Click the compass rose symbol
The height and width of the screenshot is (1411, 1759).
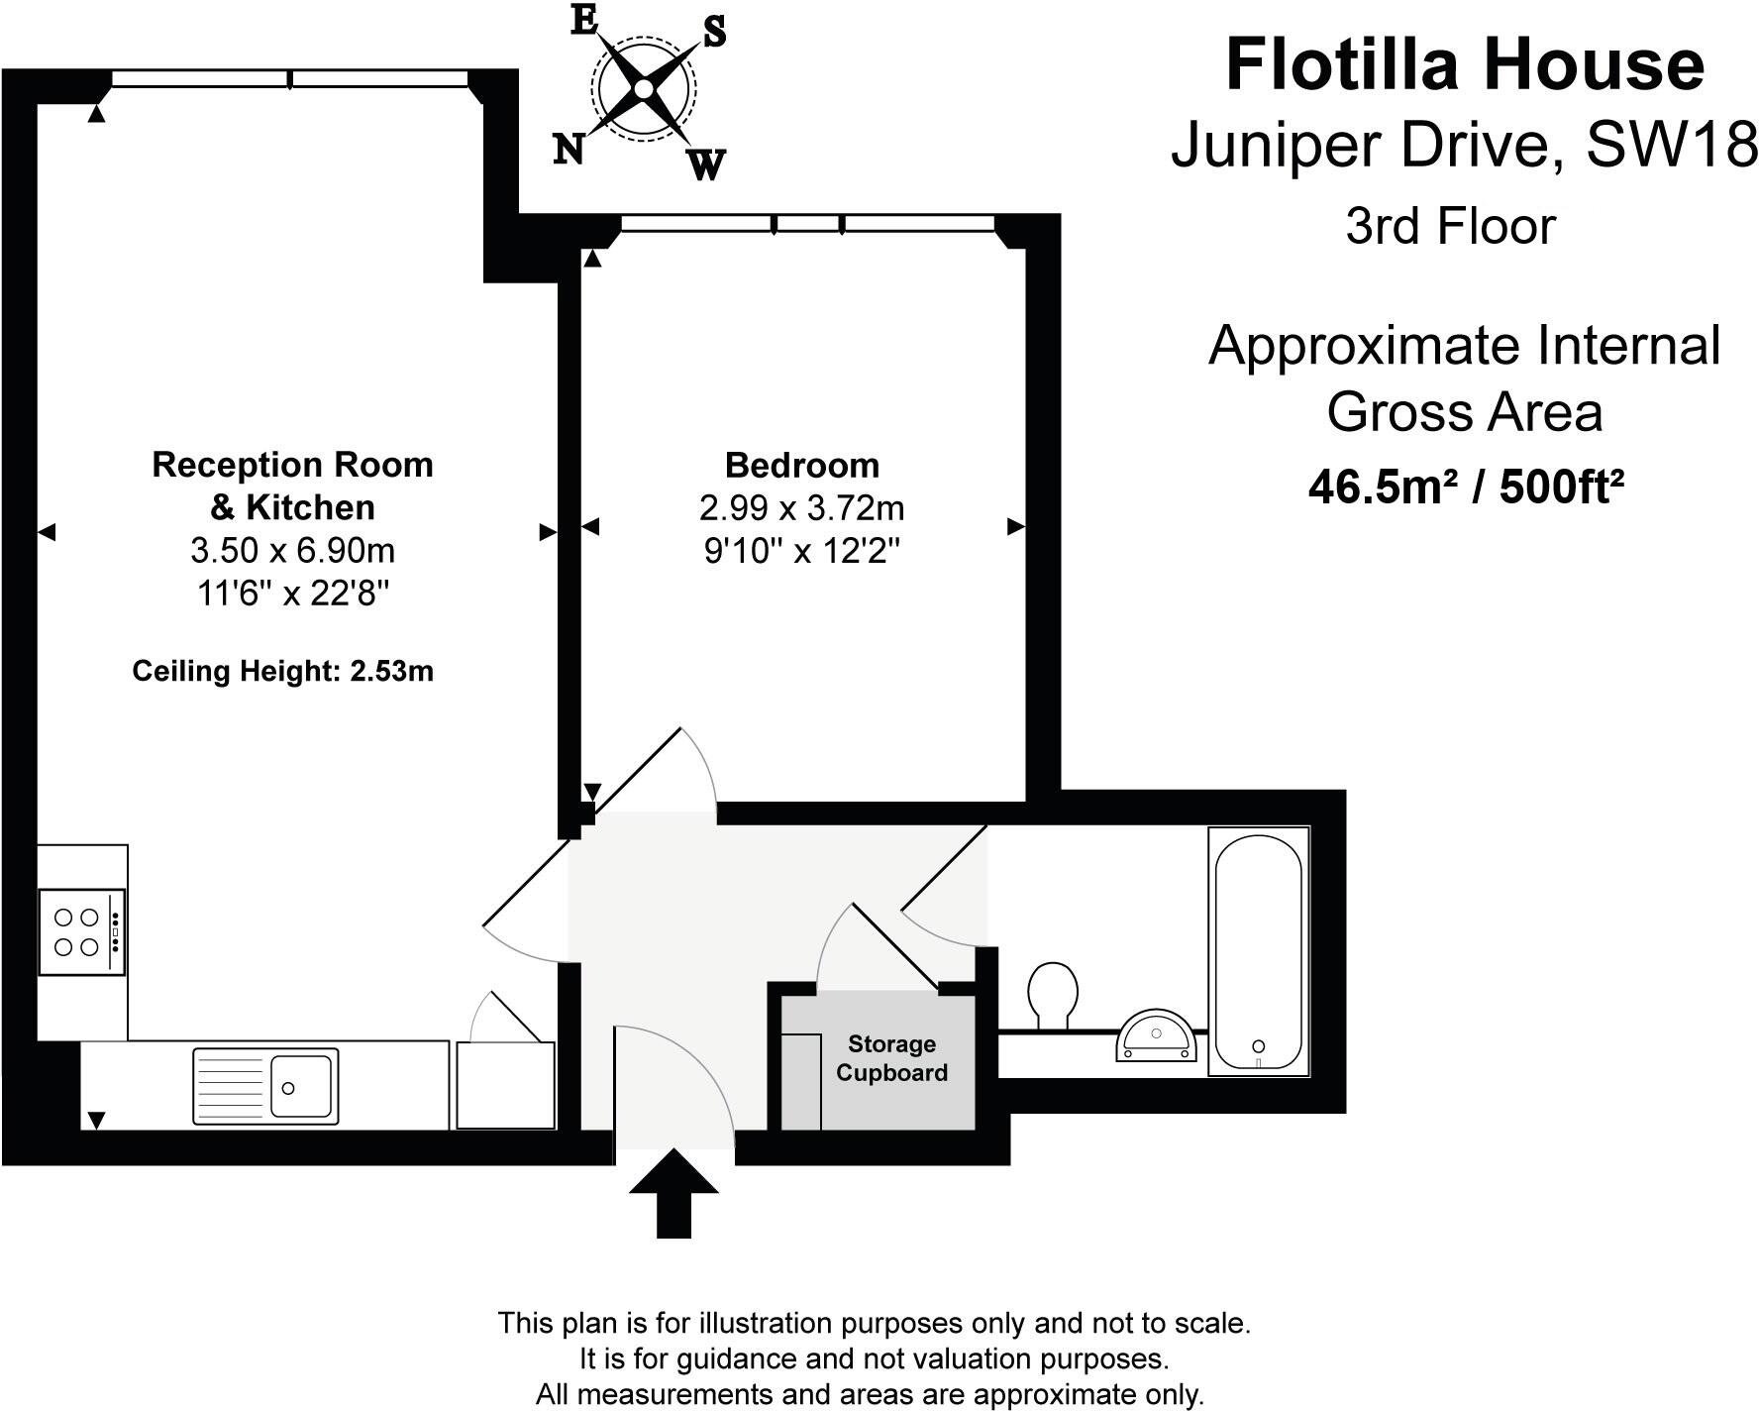coord(644,89)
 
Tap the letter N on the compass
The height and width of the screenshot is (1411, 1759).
coord(568,149)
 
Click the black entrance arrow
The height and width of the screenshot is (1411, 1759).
coord(673,1193)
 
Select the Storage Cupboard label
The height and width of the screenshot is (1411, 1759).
coord(891,1058)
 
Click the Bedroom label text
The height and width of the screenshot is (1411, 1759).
coord(802,465)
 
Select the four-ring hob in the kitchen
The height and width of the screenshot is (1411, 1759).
coord(82,932)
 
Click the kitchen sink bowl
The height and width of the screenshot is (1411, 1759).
coord(302,1087)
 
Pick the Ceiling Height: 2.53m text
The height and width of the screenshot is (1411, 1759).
coord(283,672)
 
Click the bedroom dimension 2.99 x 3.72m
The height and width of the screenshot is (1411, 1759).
coord(802,508)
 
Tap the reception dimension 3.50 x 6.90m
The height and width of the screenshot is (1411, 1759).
coord(293,550)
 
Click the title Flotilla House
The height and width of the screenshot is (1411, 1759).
coord(1466,64)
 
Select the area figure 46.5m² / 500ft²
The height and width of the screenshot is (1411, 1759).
coord(1466,487)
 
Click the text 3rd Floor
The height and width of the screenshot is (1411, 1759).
coord(1451,226)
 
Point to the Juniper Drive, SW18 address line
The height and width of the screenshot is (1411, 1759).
coord(1465,146)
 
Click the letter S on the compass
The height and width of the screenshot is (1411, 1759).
coord(714,33)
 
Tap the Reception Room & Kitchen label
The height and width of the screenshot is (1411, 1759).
coord(293,486)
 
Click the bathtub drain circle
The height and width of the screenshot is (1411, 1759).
coord(1259,1046)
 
